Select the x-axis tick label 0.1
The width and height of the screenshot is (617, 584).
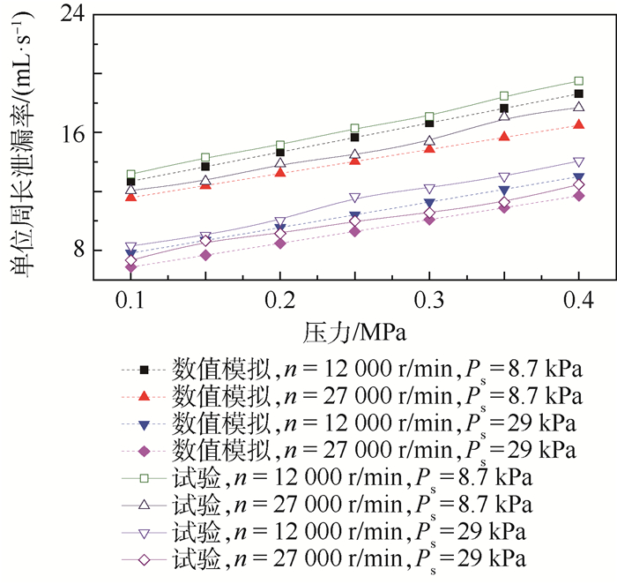pyautogui.click(x=130, y=301)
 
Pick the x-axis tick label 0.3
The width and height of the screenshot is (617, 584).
pyautogui.click(x=429, y=301)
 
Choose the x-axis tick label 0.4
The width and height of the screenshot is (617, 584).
pyautogui.click(x=578, y=301)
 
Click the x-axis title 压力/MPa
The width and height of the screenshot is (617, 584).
pyautogui.click(x=353, y=333)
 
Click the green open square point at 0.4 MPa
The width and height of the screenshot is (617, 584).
pyautogui.click(x=578, y=81)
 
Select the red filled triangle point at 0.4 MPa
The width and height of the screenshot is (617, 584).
pyautogui.click(x=578, y=124)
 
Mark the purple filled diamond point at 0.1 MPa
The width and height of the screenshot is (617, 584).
pyautogui.click(x=130, y=267)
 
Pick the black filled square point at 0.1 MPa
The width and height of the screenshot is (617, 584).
pyautogui.click(x=130, y=182)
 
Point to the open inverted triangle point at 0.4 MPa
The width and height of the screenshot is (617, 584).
pyautogui.click(x=578, y=162)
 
